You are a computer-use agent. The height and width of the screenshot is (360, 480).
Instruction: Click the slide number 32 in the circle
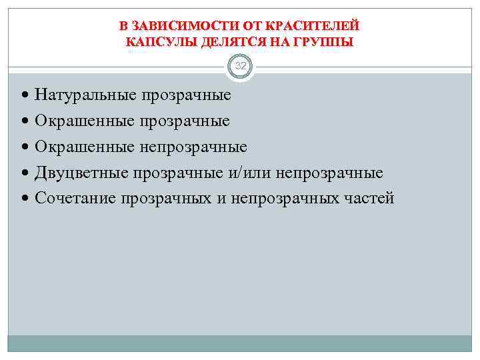coord(240,67)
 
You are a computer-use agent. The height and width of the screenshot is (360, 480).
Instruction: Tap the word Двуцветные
coord(82,173)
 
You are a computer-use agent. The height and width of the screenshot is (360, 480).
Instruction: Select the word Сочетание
coord(76,198)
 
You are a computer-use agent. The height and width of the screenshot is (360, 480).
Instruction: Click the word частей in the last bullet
coord(370,198)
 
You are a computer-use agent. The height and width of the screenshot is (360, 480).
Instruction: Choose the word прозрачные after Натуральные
coord(185,95)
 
